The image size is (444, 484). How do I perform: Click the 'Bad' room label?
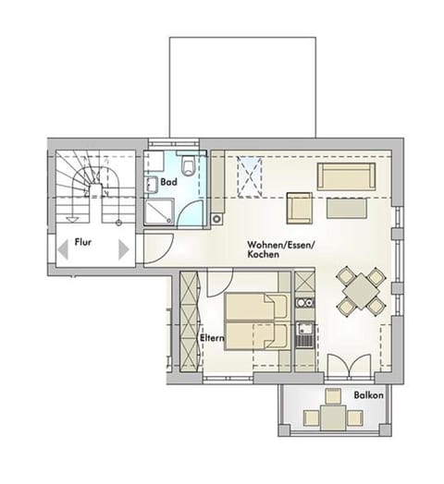click(168, 183)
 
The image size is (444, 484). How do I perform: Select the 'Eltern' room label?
click(214, 340)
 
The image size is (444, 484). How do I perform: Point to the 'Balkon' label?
click(367, 395)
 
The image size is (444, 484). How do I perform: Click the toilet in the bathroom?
click(190, 166)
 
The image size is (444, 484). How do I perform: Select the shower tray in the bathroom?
click(161, 214)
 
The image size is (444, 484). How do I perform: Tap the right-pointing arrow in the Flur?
click(123, 249)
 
